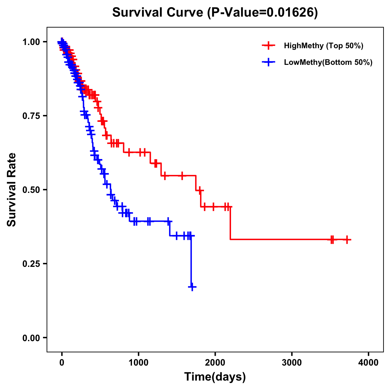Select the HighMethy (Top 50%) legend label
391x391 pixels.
click(323, 46)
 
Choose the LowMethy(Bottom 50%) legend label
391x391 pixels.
click(328, 62)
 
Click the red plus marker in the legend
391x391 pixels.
click(268, 46)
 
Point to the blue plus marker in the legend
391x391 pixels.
click(268, 62)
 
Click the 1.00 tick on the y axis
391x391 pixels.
click(31, 42)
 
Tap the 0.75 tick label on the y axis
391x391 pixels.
click(31, 116)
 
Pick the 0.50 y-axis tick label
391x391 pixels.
click(31, 190)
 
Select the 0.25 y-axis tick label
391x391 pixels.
click(31, 264)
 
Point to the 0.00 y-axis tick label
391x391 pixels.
click(31, 338)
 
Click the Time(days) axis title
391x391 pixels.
click(215, 377)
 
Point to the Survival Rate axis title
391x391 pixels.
click(12, 190)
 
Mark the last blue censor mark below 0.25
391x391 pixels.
click(192, 287)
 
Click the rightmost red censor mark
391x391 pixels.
click(347, 239)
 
